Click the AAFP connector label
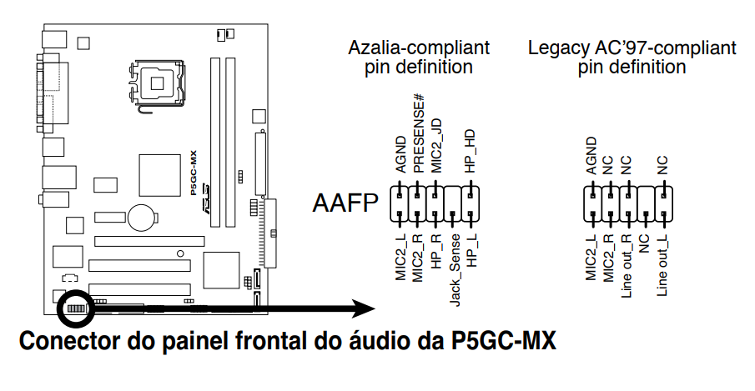(345, 203)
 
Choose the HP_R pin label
(436, 251)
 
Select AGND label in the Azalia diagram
(401, 154)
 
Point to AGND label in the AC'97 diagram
(591, 154)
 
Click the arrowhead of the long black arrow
(363, 308)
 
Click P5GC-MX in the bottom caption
(496, 341)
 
